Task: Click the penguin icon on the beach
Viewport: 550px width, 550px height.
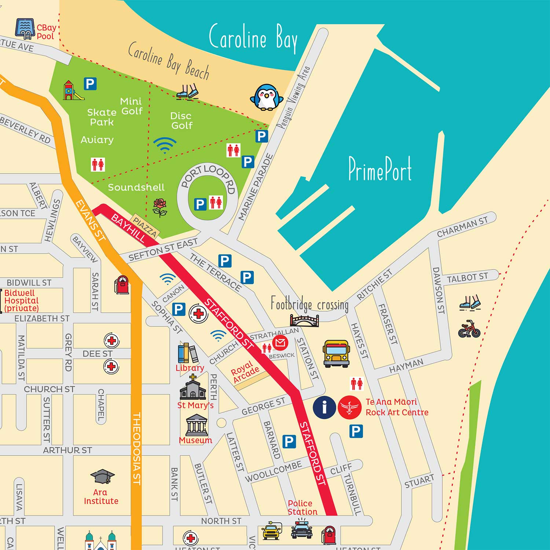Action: point(267,98)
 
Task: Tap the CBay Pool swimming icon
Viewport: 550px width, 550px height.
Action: point(25,29)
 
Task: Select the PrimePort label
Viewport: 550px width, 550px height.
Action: point(380,169)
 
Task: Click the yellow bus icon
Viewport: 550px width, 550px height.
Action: point(336,353)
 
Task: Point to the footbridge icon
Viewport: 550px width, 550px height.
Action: point(304,320)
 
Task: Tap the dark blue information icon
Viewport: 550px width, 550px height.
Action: point(324,407)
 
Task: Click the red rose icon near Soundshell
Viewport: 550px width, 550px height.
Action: point(160,208)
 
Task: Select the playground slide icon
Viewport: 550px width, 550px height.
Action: point(72,91)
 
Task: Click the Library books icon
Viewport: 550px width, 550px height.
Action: point(188,353)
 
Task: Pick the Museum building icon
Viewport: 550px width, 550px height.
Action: point(197,425)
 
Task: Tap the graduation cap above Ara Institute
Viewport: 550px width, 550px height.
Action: point(102,476)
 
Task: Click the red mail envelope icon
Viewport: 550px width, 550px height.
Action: point(280,343)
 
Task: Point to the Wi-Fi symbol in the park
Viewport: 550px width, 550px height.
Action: point(165,145)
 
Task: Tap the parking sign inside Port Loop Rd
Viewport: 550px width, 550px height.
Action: point(200,204)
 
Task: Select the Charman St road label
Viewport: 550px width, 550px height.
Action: point(462,227)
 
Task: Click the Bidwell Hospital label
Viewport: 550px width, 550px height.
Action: point(21,301)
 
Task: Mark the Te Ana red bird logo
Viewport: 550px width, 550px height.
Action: point(349,407)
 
